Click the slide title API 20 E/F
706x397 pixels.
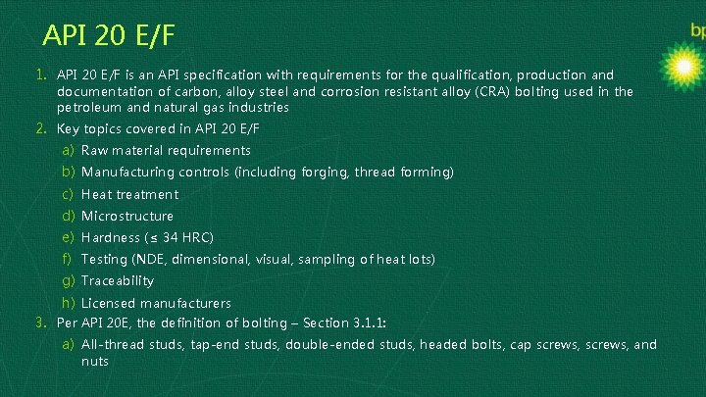(110, 36)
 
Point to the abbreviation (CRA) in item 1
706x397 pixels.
(417, 91)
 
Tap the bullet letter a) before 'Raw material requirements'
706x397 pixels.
(69, 150)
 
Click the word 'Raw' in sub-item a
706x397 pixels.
(95, 150)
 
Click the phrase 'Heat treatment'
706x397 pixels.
(129, 194)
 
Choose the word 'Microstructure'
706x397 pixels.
(127, 216)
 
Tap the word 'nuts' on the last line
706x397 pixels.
(95, 361)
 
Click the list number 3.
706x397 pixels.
(41, 323)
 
